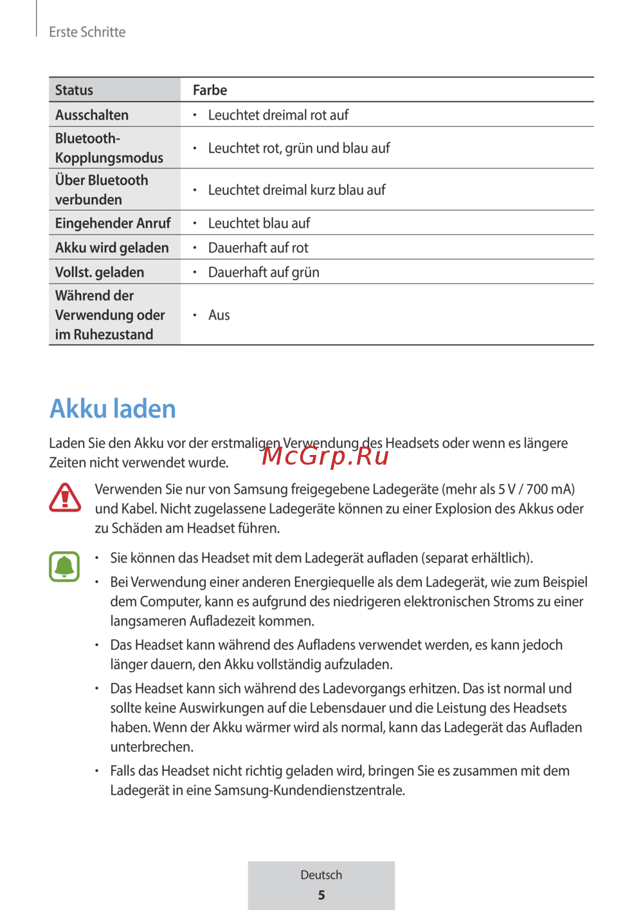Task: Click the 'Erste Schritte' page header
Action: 87,32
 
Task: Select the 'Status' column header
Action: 74,90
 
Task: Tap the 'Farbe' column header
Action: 210,90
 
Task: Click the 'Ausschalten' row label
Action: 92,115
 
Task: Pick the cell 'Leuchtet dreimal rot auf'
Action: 278,115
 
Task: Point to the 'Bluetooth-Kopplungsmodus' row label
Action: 109,148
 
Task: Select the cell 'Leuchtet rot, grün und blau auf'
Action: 299,148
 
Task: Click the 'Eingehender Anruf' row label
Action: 113,223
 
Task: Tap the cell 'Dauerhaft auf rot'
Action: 258,248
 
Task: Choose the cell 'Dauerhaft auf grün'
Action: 264,272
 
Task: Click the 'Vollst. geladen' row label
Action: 100,272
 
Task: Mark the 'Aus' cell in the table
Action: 219,315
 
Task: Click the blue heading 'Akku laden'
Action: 113,409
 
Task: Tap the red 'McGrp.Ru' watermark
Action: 325,456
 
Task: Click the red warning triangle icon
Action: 65,498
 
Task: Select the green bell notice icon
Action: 64,566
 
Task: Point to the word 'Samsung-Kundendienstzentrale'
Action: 309,790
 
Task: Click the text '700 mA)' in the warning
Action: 550,489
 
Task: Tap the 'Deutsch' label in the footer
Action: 321,875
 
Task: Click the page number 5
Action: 321,895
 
